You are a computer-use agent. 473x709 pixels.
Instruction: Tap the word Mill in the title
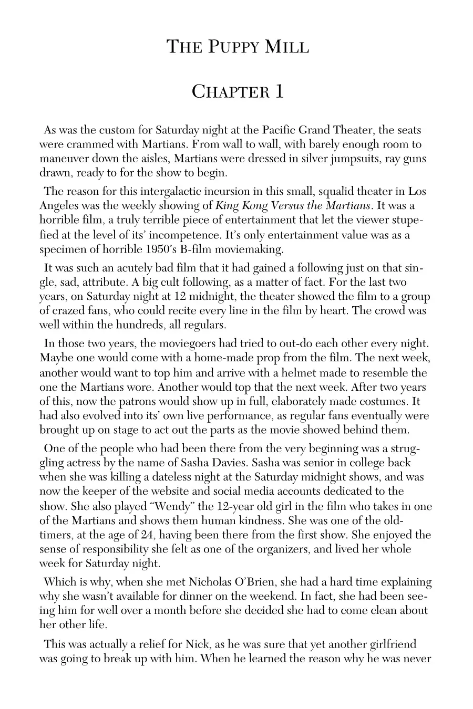click(x=287, y=47)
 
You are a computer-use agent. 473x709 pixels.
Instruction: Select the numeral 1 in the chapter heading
click(x=279, y=92)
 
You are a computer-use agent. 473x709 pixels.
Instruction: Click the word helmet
click(x=300, y=373)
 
